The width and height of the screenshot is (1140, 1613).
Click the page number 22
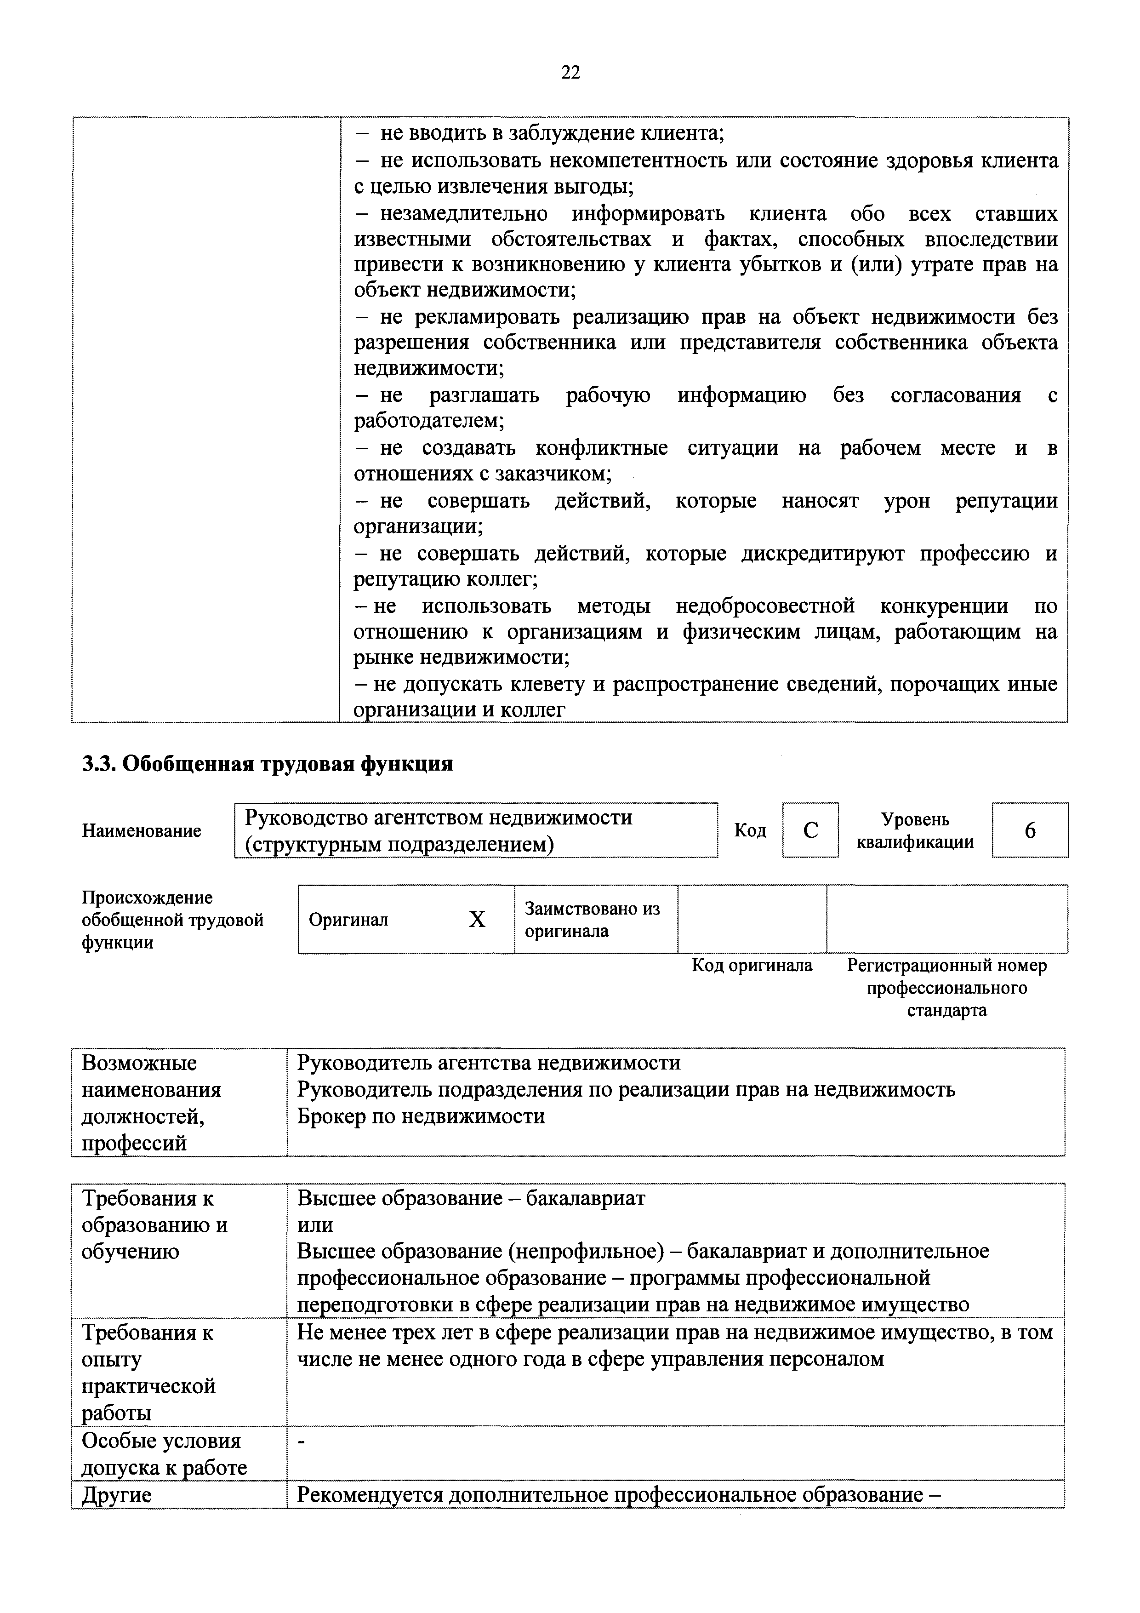570,72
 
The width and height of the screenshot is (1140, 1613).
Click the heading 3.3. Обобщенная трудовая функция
268,764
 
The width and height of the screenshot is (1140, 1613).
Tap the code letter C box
810,830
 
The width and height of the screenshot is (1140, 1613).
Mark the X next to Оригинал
477,919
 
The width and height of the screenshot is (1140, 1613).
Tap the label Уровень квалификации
915,830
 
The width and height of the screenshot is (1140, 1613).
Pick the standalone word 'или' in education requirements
315,1224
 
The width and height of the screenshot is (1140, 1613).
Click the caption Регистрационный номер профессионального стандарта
947,988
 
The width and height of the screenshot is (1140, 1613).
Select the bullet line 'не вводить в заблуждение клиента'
552,133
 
